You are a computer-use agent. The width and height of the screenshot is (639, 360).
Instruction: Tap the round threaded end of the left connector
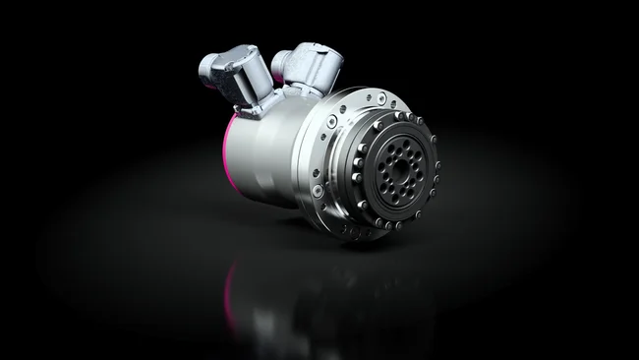207,68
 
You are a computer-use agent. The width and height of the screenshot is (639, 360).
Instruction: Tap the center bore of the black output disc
398,167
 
